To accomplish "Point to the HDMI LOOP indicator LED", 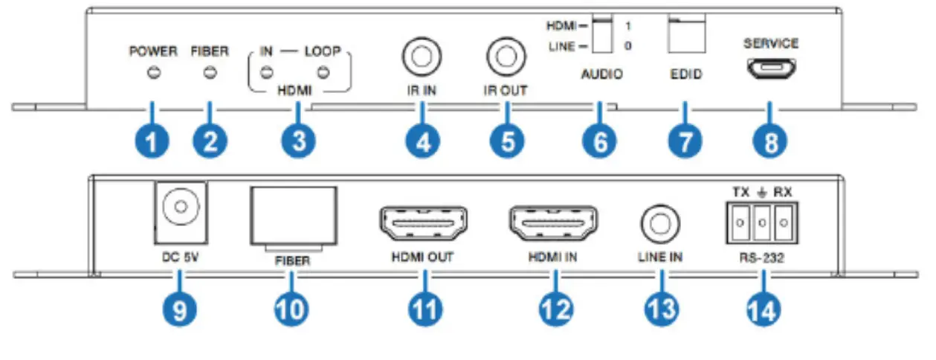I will tap(323, 72).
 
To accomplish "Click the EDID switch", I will tap(686, 36).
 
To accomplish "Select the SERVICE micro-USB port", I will tap(771, 69).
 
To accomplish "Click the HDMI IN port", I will tap(552, 222).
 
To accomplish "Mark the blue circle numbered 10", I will tap(291, 308).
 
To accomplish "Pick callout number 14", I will tap(764, 308).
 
